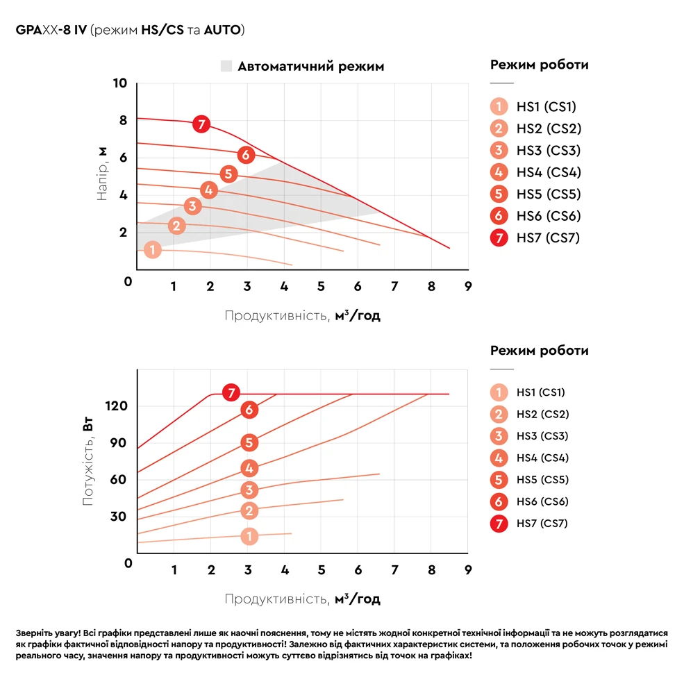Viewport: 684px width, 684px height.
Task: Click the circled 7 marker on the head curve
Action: (201, 124)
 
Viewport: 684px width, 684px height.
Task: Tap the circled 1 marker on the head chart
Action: (153, 250)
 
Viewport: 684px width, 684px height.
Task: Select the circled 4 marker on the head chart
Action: (209, 190)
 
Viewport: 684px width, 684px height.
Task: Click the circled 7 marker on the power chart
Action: (232, 393)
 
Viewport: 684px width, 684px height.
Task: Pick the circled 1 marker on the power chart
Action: (249, 536)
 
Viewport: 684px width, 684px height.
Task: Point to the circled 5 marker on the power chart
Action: (249, 442)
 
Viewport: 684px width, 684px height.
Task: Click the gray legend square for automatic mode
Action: (226, 67)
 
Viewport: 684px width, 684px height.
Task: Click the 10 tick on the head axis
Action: (120, 84)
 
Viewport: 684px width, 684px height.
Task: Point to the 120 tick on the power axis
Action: (116, 406)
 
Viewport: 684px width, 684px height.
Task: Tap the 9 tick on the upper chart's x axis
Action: (467, 286)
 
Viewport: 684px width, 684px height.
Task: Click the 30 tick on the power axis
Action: (119, 516)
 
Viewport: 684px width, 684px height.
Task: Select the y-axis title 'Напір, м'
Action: (102, 174)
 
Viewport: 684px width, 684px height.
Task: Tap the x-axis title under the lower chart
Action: (302, 599)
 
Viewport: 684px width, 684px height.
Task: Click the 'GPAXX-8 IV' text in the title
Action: (51, 31)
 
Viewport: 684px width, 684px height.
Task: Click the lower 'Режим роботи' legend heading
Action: (539, 351)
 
